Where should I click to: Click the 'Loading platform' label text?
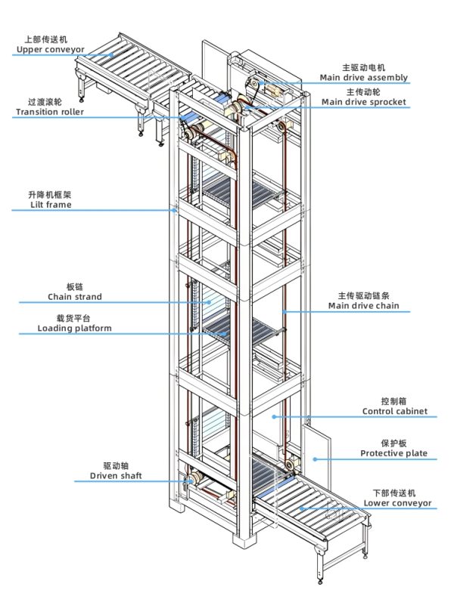pyautogui.click(x=74, y=329)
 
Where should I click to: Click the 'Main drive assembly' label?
pyautogui.click(x=363, y=77)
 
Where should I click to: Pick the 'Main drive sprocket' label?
pyautogui.click(x=363, y=101)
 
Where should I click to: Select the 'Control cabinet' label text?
pyautogui.click(x=393, y=412)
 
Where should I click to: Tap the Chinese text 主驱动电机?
pyautogui.click(x=363, y=66)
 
